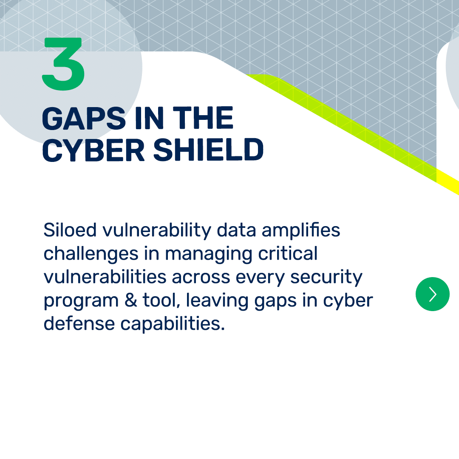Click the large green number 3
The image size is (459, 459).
pos(63,64)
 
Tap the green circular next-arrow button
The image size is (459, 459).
pos(432,294)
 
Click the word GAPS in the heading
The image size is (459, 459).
pos(84,118)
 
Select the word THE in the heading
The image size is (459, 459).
pos(203,118)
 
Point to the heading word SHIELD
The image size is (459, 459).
pos(208,150)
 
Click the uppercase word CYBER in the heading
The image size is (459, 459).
pos(93,150)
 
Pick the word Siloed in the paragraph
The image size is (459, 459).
pos(70,230)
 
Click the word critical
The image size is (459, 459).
pos(288,253)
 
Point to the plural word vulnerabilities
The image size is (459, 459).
pos(105,277)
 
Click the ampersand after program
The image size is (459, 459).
pos(131,300)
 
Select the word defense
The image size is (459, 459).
pos(79,323)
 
